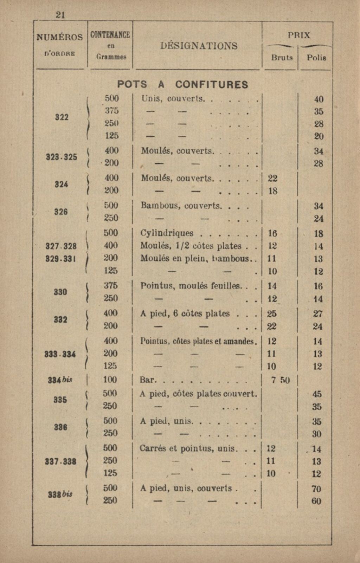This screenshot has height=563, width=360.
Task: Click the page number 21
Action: click(x=60, y=14)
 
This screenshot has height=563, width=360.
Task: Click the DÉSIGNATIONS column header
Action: click(x=199, y=46)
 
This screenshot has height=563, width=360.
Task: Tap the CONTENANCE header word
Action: click(x=110, y=35)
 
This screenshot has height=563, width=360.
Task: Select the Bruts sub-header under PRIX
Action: click(x=282, y=58)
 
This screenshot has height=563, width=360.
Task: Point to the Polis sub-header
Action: click(x=316, y=58)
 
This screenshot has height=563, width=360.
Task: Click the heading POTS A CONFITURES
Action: click(x=182, y=85)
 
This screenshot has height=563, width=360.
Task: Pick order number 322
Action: click(x=62, y=117)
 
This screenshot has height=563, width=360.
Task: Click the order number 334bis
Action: click(x=60, y=380)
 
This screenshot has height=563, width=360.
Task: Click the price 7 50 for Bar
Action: click(x=280, y=380)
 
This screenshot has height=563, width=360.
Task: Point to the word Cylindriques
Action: click(x=167, y=233)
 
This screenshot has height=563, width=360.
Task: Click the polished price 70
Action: click(x=316, y=489)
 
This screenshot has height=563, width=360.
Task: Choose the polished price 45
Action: click(x=317, y=394)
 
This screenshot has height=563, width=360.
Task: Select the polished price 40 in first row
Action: click(x=319, y=99)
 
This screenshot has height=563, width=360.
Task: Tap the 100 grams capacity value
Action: click(x=110, y=380)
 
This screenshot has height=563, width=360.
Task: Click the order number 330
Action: click(x=60, y=292)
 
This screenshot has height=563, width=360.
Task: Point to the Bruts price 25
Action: click(x=272, y=313)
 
